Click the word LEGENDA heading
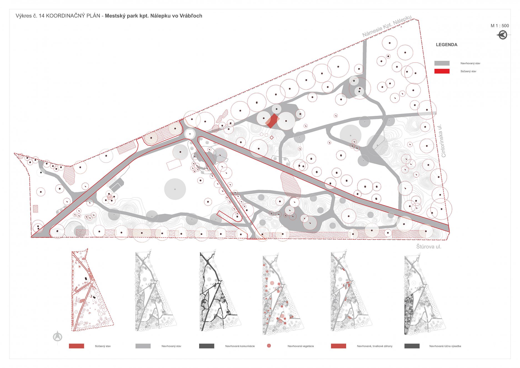[446, 45]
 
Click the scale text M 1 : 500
[499, 26]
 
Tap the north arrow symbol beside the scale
[502, 35]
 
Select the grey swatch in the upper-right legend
[442, 63]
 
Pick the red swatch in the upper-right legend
[442, 71]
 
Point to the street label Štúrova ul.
[428, 247]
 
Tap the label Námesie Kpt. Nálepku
[387, 26]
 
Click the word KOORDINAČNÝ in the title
[73, 16]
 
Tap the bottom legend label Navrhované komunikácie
[240, 346]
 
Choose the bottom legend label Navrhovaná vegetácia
[301, 346]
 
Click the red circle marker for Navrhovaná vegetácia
[269, 346]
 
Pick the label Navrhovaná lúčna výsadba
[445, 346]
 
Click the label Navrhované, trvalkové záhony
[374, 346]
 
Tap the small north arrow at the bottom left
[57, 337]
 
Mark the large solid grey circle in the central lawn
[175, 189]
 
